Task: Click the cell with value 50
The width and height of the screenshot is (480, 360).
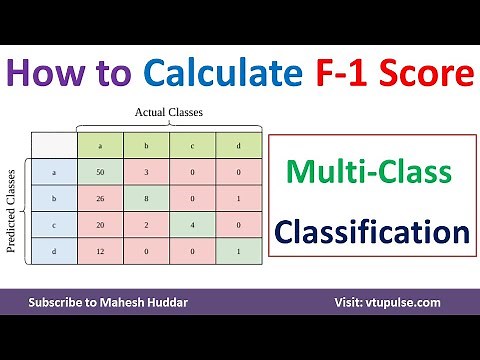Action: click(x=99, y=172)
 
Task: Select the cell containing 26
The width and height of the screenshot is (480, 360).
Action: click(x=99, y=199)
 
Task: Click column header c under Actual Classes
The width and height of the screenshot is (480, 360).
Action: click(x=192, y=146)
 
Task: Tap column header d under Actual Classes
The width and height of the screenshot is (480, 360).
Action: click(x=238, y=146)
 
